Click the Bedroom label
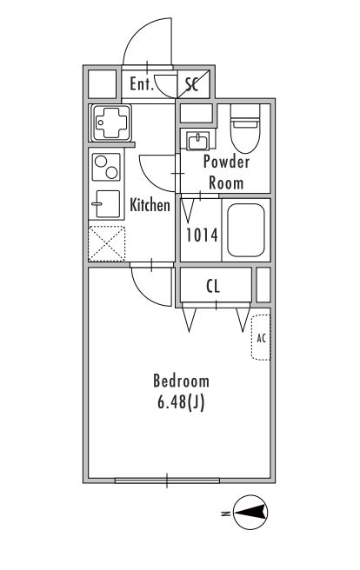tap(181, 381)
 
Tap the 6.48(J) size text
tap(181, 402)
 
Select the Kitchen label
tap(150, 205)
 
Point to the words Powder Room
tap(226, 172)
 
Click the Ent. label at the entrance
tap(142, 84)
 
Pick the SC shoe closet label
tap(191, 84)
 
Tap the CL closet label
tap(213, 287)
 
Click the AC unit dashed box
tap(261, 338)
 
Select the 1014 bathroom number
tap(202, 235)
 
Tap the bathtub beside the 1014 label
tap(246, 230)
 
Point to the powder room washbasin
tap(198, 141)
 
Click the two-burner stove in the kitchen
tap(106, 167)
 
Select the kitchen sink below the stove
tap(106, 203)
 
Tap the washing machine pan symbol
tap(111, 123)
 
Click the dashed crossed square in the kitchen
tap(107, 243)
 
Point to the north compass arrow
tap(250, 512)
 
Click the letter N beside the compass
tap(225, 514)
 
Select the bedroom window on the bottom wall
tap(167, 481)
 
